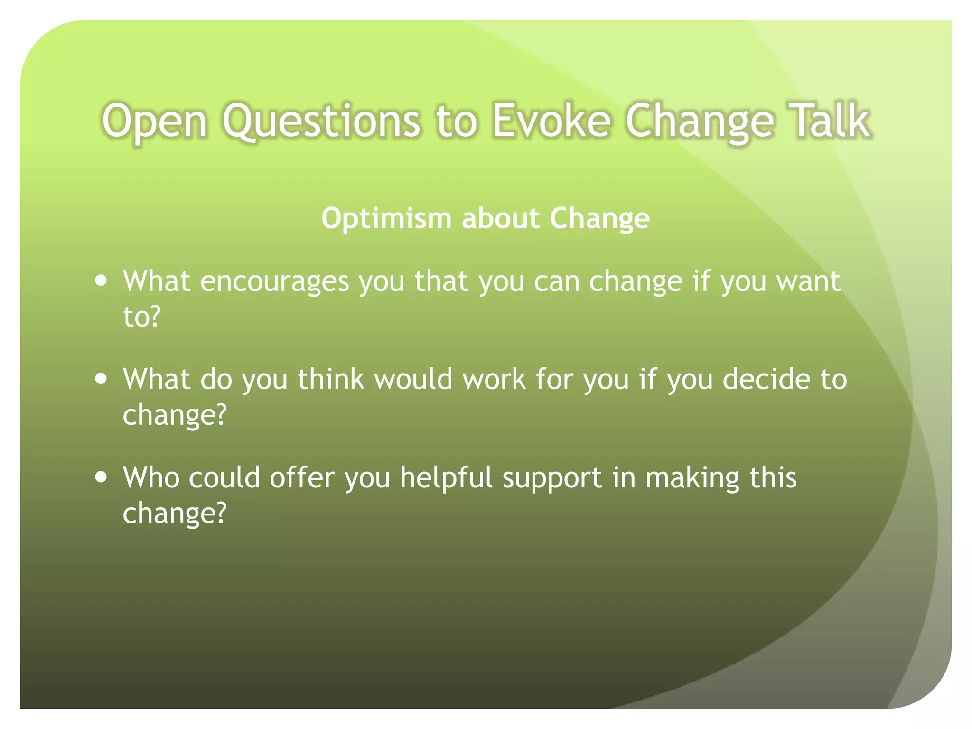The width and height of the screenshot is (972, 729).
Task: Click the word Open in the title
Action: coord(154,121)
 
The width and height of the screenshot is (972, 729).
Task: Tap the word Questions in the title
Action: coord(321,121)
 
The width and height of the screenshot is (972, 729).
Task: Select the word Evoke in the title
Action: coord(551,121)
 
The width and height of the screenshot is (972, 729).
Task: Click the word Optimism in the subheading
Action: coord(386,219)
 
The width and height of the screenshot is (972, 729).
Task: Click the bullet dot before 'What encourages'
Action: coord(101,280)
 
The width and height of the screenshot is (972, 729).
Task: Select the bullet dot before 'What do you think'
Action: coord(101,379)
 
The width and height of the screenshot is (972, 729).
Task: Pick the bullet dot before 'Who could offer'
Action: coord(101,477)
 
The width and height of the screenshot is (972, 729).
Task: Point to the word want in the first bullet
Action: coord(808,281)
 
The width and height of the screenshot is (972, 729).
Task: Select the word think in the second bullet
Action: coord(331,379)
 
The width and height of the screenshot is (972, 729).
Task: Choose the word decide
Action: coord(766,379)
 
